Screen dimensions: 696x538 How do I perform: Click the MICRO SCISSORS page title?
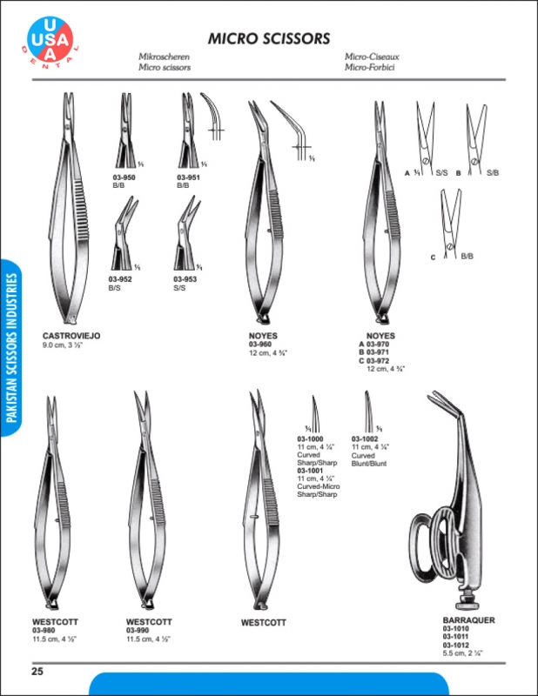pos(268,38)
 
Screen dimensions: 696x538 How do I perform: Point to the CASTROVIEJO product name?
pos(71,336)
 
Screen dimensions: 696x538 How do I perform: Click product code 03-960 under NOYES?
pos(260,344)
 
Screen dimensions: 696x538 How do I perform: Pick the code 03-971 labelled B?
pos(377,351)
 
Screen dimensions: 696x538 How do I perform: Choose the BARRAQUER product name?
pos(468,620)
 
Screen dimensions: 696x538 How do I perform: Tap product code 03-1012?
pos(455,644)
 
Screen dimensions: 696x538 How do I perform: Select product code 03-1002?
pos(364,438)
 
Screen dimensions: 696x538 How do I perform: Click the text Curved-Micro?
pos(318,486)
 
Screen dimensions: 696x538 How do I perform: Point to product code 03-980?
pos(44,630)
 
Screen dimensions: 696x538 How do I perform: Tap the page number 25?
pos(37,671)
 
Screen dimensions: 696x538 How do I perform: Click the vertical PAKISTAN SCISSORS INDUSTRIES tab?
pos(12,348)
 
